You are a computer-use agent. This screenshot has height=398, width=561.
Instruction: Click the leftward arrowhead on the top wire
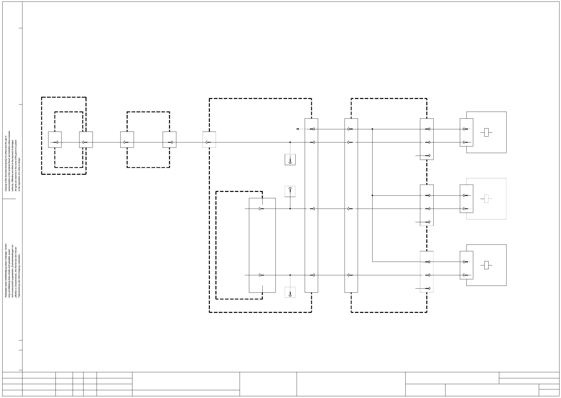(297, 129)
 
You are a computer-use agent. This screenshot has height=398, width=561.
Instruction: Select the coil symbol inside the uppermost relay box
(486, 132)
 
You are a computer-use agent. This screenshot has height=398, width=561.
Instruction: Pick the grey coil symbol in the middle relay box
(486, 199)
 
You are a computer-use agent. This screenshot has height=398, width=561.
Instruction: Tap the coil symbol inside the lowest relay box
(486, 265)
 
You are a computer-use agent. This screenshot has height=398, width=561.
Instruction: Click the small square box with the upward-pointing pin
(290, 191)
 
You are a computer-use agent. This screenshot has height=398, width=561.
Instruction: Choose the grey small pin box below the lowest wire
(290, 292)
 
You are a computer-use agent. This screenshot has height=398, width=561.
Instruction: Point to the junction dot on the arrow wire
(372, 129)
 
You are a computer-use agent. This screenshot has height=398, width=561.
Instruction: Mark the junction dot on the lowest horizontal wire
(290, 275)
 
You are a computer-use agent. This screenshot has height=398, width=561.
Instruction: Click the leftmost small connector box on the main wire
(55, 140)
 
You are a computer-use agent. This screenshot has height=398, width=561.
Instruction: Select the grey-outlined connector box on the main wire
(209, 140)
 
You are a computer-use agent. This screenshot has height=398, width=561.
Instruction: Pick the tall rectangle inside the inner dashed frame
(262, 245)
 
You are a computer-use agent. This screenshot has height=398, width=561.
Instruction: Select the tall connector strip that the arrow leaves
(311, 205)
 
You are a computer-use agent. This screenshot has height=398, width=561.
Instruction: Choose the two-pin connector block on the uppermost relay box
(466, 132)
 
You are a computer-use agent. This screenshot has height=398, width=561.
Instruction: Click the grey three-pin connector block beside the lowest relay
(427, 272)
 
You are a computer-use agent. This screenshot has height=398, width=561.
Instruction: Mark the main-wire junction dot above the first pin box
(290, 142)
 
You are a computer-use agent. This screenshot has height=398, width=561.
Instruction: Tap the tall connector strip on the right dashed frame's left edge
(351, 205)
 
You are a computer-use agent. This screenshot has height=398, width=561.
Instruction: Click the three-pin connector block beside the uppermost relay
(427, 139)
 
